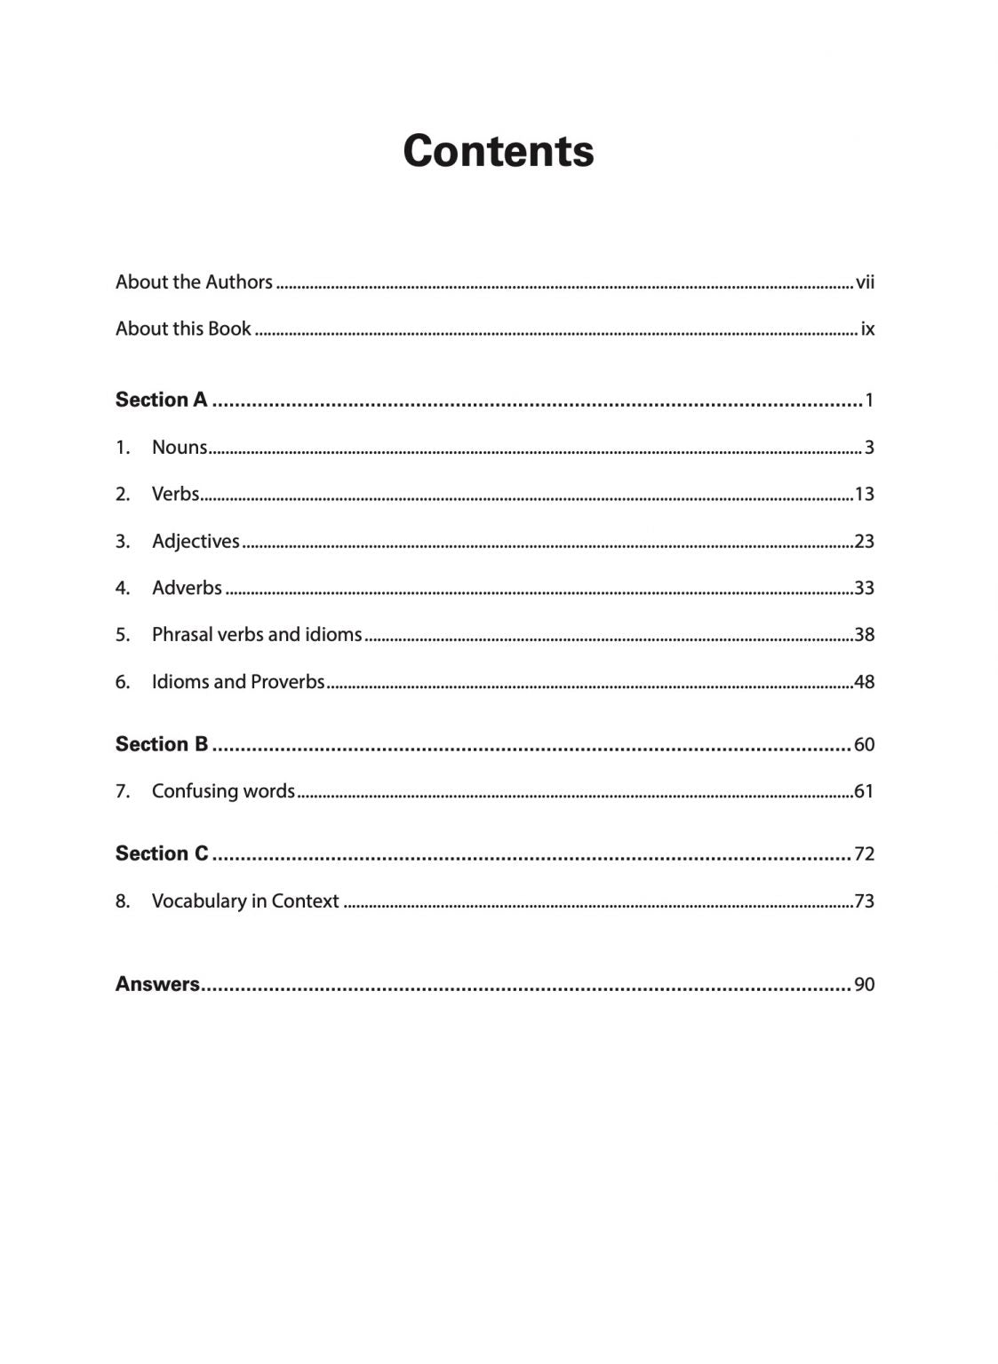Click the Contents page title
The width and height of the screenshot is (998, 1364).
(498, 151)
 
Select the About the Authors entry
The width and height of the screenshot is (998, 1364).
(194, 282)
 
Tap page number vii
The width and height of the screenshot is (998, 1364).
(865, 283)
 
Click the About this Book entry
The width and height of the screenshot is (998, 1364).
(183, 329)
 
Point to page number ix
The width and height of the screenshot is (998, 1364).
(867, 329)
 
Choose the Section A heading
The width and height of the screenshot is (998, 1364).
(161, 400)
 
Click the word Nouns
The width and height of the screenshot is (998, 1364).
(180, 448)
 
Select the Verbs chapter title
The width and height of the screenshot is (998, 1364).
(176, 494)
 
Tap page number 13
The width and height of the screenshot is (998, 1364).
(864, 495)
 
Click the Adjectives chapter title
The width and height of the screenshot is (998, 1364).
(196, 541)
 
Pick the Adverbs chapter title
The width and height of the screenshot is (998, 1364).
(187, 588)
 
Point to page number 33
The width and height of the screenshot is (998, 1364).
(864, 588)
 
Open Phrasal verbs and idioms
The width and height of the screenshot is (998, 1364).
(257, 635)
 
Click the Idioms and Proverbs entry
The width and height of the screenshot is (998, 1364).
(238, 682)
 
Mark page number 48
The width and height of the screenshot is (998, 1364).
(864, 682)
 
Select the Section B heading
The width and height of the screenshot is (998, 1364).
(161, 744)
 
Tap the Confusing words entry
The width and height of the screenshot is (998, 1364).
(223, 791)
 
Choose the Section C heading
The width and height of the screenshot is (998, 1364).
(162, 853)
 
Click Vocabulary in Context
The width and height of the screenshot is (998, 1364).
(245, 901)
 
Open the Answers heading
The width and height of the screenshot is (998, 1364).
(157, 984)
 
